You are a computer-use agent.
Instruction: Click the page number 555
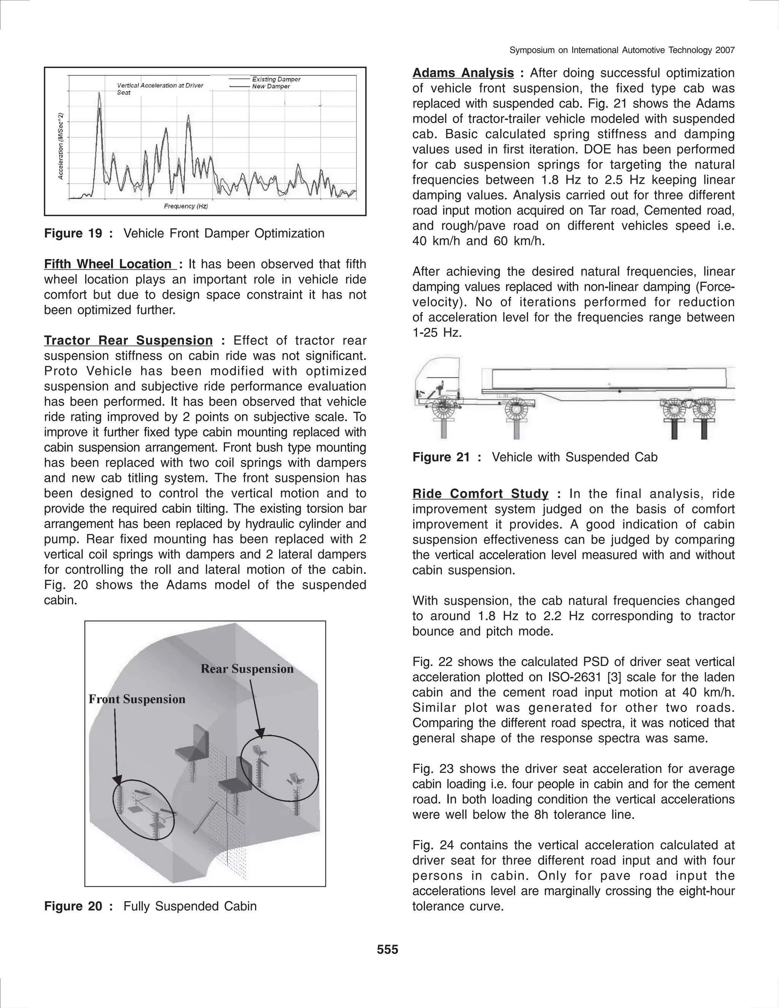(x=387, y=949)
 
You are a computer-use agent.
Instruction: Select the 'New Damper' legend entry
(x=271, y=86)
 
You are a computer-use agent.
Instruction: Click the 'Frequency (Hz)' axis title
(x=186, y=206)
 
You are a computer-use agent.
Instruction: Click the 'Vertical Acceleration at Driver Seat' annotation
(x=160, y=89)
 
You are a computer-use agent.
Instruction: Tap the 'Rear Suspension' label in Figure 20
(x=247, y=669)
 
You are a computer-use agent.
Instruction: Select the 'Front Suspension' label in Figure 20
(x=137, y=699)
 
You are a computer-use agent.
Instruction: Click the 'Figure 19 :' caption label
(x=78, y=234)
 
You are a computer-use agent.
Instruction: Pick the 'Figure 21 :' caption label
(x=447, y=457)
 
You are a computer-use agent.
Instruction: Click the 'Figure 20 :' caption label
(x=78, y=906)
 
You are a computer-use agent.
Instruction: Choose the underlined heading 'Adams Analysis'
(x=463, y=73)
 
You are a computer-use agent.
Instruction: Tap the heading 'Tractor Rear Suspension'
(x=128, y=340)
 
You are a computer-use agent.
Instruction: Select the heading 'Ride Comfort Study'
(x=480, y=494)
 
